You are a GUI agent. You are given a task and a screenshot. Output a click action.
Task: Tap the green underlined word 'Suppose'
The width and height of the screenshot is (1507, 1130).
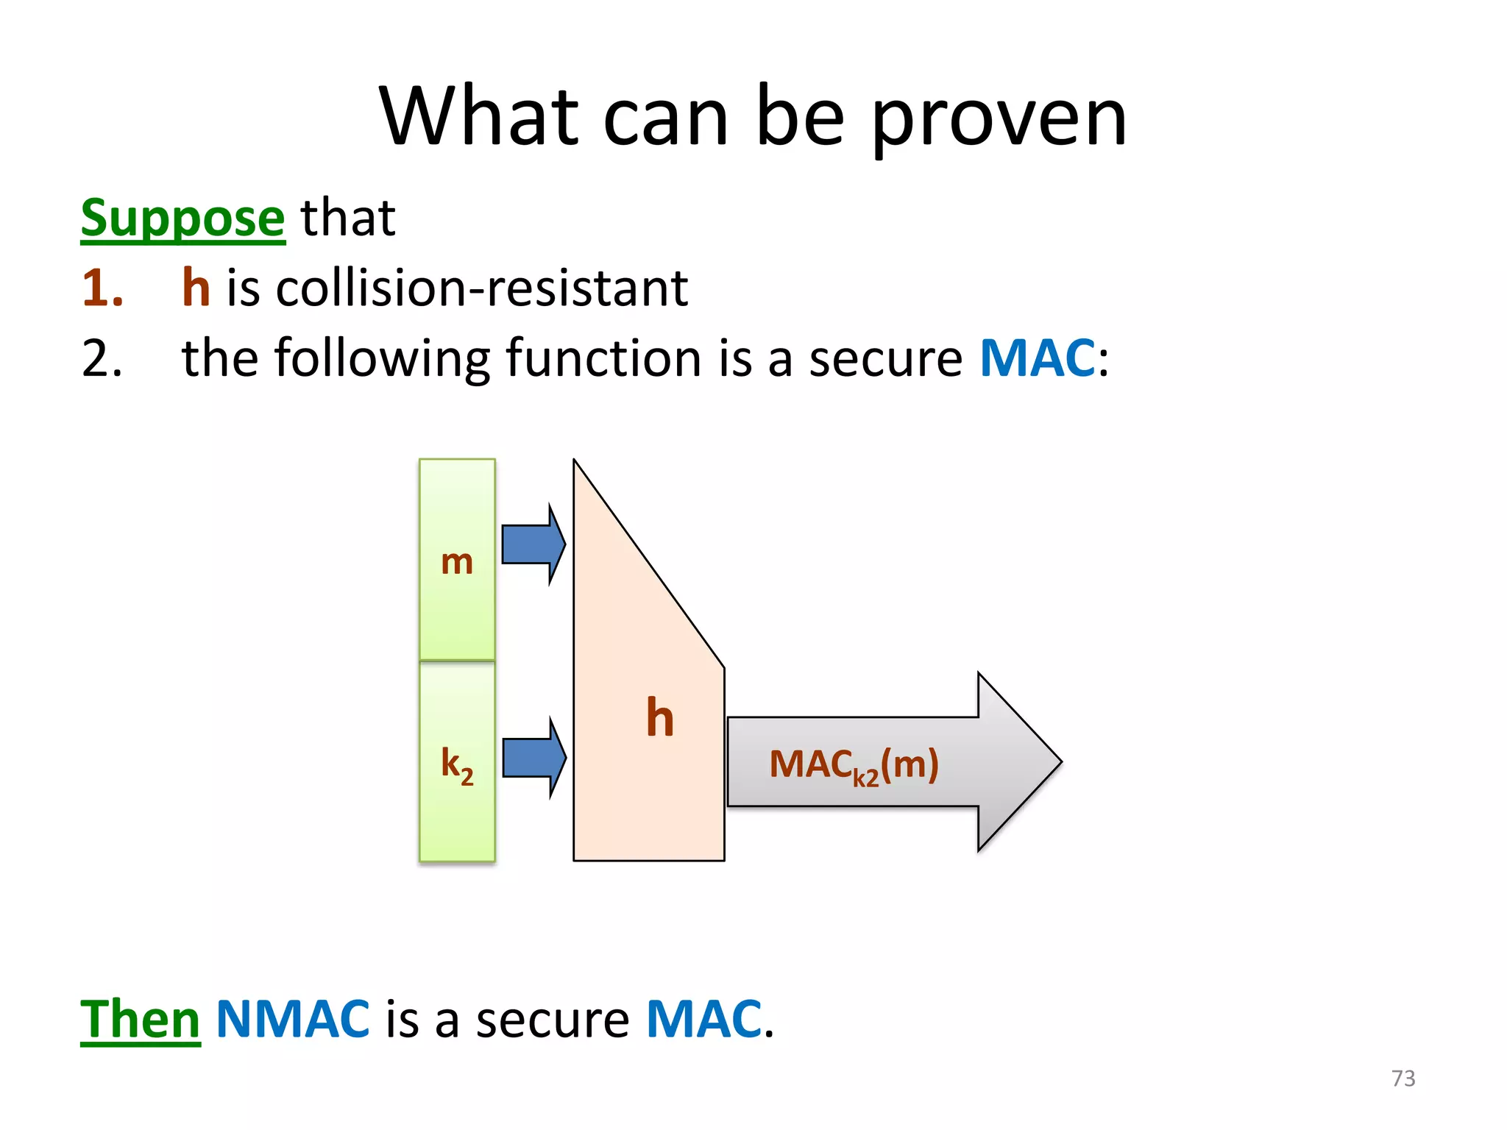pos(182,218)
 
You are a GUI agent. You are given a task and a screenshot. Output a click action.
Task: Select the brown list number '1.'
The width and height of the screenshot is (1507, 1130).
pos(102,288)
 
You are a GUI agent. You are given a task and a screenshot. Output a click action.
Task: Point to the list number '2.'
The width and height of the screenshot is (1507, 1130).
pos(102,358)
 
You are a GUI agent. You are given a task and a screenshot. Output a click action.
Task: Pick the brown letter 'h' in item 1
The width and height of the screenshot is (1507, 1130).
pos(196,288)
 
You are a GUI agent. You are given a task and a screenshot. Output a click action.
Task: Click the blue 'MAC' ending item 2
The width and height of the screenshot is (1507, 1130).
pos(1038,358)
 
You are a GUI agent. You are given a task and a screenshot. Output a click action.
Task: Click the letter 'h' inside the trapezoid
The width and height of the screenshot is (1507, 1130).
pos(660,717)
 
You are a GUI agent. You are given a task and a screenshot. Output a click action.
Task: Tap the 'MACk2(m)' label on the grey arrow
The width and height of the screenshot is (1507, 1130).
pos(854,765)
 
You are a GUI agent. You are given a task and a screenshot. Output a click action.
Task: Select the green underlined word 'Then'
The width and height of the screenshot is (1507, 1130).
pos(140,1020)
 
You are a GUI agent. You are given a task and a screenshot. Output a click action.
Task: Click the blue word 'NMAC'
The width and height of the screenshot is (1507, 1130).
pos(293,1020)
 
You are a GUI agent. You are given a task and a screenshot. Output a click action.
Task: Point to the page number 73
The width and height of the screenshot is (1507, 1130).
pos(1403,1079)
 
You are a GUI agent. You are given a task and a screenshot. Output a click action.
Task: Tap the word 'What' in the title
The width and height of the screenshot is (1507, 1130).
pos(478,118)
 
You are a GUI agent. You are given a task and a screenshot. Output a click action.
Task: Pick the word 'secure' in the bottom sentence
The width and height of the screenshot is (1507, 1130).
pos(552,1020)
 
